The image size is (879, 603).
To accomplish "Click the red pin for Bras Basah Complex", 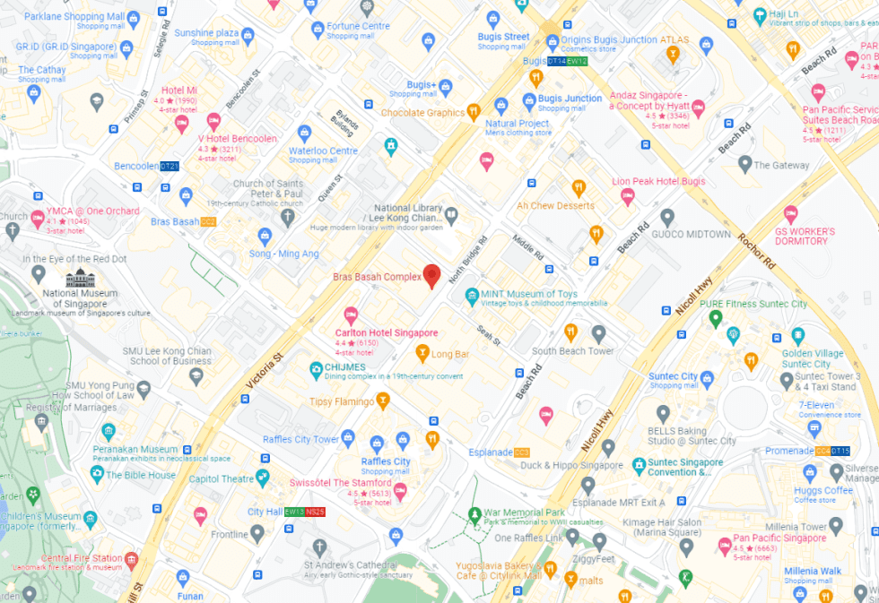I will (431, 276).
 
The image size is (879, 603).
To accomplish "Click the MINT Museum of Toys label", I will (529, 294).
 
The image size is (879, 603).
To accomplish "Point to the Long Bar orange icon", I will (422, 354).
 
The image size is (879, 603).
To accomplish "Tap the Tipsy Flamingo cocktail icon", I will (383, 401).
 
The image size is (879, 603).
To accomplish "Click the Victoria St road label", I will (264, 369).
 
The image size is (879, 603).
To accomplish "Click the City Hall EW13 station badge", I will (293, 512).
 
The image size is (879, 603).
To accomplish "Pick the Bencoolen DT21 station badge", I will (170, 167).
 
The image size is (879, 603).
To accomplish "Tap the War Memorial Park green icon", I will (474, 514).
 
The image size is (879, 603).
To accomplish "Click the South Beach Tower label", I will (573, 351).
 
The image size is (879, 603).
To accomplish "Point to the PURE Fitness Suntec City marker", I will (715, 317).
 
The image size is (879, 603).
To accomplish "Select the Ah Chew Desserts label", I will (555, 205).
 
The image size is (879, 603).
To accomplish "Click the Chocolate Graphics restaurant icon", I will (474, 113).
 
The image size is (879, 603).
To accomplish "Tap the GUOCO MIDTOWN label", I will (698, 234).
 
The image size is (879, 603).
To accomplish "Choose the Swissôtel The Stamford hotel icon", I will (400, 490).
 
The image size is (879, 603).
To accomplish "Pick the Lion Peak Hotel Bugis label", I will (658, 181).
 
